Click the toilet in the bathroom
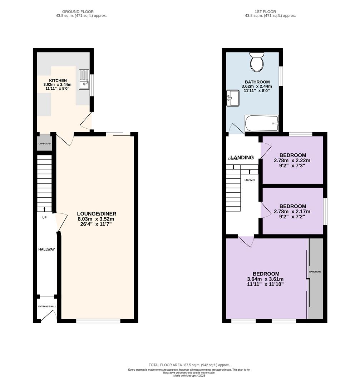click(x=257, y=62)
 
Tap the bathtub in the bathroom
click(x=261, y=123)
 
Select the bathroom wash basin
click(x=233, y=98)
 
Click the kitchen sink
click(x=84, y=79)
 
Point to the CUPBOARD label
click(x=45, y=144)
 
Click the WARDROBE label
click(x=315, y=272)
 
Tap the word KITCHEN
click(x=58, y=80)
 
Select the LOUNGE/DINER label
click(x=97, y=214)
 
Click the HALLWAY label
click(x=46, y=249)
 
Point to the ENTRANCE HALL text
click(x=47, y=307)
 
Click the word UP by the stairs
click(x=44, y=218)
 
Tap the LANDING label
click(x=242, y=158)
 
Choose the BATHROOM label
click(x=257, y=82)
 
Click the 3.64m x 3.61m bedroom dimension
click(x=265, y=279)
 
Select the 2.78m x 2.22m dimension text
click(x=292, y=160)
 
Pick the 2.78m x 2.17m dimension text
click(x=292, y=212)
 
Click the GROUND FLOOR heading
click(x=78, y=11)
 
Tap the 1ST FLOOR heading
click(x=265, y=11)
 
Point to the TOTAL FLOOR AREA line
click(x=189, y=365)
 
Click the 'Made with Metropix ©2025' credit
click(x=189, y=376)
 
